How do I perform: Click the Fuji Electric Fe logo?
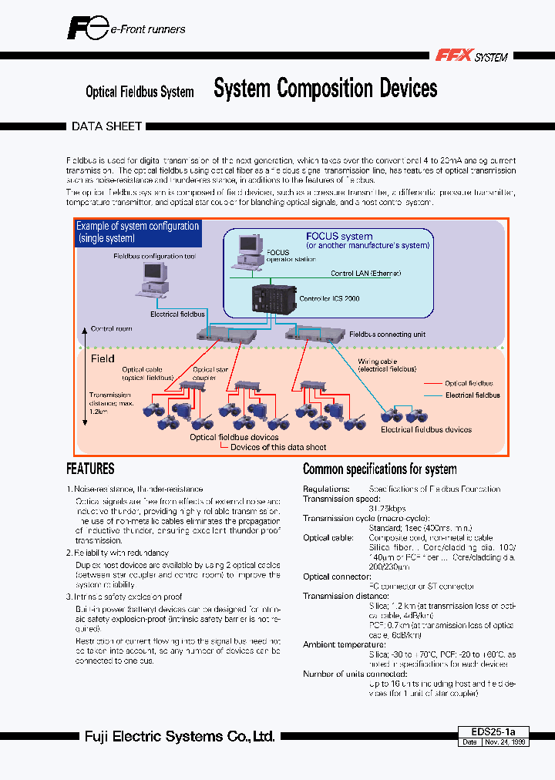86,29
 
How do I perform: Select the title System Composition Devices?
325,89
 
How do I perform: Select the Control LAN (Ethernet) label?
365,274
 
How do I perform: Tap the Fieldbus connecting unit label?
387,335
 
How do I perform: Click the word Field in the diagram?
103,358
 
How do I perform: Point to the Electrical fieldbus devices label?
426,429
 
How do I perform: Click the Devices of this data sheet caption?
278,447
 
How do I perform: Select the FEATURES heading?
90,469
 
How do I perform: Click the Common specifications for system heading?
379,469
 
